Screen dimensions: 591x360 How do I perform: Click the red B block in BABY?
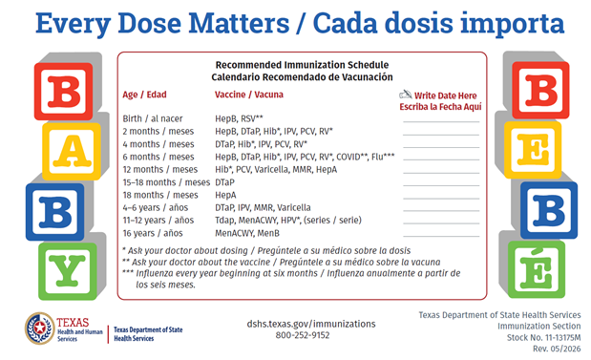coord(63,92)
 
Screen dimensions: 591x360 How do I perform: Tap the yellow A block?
coord(72,151)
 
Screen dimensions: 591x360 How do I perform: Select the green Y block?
coord(68,271)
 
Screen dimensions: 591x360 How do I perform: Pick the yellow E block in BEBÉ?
coord(533,150)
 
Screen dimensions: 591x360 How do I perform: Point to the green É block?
coord(537,269)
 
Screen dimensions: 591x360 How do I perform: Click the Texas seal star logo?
coord(39,328)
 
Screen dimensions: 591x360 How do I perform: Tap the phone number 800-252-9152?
coord(303,335)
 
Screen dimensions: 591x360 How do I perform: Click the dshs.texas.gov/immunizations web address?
coord(311,324)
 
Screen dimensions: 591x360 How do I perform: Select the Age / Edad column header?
coord(144,95)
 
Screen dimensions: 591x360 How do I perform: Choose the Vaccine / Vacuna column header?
coord(249,95)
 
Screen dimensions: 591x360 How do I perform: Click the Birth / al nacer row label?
coord(153,118)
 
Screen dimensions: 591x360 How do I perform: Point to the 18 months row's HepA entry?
coord(225,195)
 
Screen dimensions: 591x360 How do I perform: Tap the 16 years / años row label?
coord(153,233)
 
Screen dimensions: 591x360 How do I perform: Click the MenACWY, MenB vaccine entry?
coord(247,233)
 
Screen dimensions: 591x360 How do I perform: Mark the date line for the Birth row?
coord(441,122)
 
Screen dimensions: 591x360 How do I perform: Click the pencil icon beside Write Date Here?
coord(406,95)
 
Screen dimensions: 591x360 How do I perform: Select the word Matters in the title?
coord(239,23)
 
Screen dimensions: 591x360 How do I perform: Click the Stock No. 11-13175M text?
coord(543,337)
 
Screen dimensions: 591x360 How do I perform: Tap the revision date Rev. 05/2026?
coord(557,349)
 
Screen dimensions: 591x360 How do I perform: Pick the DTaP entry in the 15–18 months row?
coord(224,182)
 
